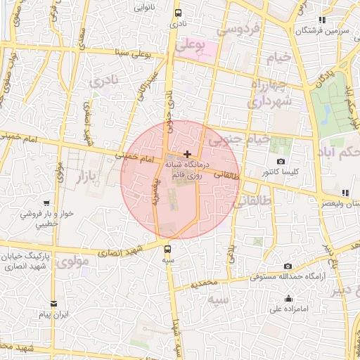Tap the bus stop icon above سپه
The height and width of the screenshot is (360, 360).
click(167, 248)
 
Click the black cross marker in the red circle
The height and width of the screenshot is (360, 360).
click(186, 153)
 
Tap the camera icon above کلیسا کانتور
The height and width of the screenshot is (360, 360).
click(281, 162)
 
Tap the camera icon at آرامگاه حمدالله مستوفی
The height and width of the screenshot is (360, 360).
click(288, 266)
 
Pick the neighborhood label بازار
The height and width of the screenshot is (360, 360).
click(84, 173)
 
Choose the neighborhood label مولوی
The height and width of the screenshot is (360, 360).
click(73, 262)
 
